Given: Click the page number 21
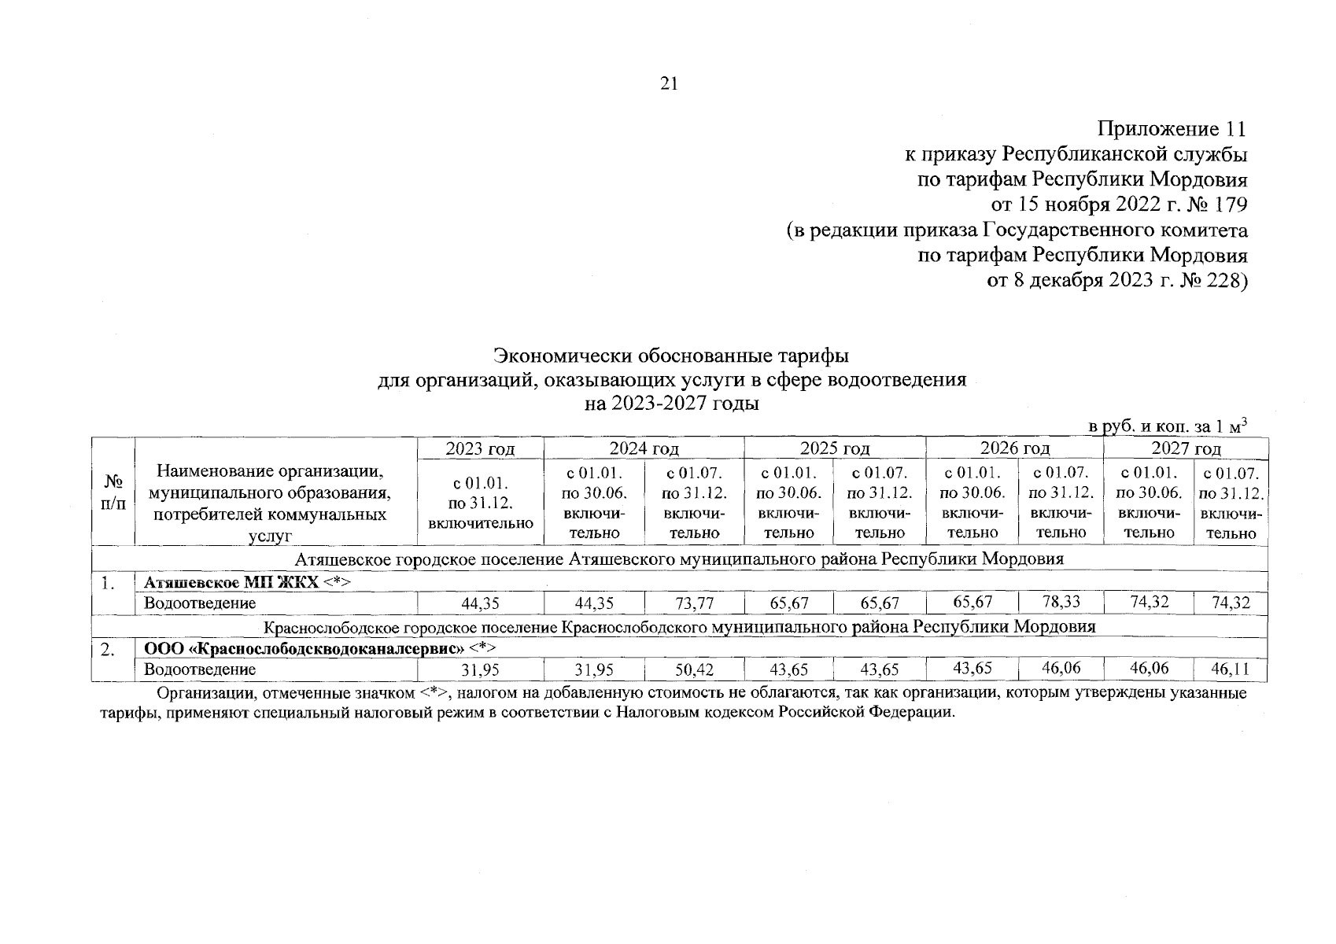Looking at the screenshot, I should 669,83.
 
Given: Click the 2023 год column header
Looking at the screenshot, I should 480,449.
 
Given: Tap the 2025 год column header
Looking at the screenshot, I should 835,449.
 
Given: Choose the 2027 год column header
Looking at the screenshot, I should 1186,449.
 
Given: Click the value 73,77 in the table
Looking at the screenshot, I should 694,604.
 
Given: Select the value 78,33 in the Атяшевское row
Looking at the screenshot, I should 1061,603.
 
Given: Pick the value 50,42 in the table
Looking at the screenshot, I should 694,670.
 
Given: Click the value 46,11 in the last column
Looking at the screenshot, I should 1231,670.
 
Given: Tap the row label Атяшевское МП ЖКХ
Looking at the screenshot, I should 232,582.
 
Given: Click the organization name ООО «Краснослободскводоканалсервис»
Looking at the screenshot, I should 304,649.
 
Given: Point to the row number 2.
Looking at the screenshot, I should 109,650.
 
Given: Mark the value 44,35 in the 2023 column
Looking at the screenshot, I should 480,604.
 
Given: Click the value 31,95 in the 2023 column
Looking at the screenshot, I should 480,670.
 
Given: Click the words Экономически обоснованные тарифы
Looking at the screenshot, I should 670,356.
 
